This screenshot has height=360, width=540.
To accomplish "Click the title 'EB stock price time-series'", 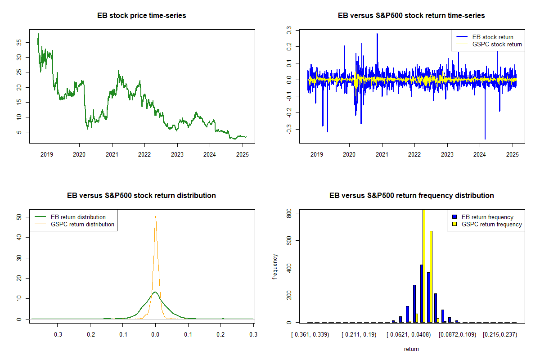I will coord(142,16).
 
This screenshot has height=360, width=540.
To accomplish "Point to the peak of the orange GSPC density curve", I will coord(155,216).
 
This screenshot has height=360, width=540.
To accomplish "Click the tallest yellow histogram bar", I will coord(423,265).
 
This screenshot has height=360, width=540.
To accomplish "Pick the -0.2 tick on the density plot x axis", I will coord(90,335).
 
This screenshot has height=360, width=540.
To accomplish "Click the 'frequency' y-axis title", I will coord(275,267).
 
